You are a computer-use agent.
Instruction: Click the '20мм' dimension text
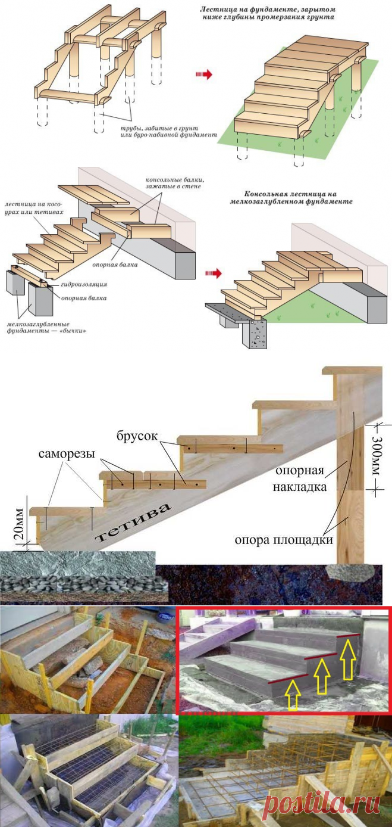pos(20,523)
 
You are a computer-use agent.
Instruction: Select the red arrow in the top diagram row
pos(204,74)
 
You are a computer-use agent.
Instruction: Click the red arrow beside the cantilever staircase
pos(212,273)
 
